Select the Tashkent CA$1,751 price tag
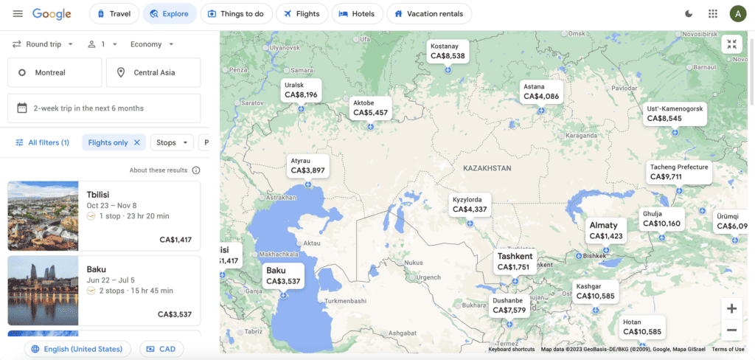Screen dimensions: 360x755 coord(514,262)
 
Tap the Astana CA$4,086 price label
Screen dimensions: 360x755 coord(541,91)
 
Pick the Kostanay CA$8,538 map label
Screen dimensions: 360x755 coord(448,51)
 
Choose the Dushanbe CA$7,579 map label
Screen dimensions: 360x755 coord(509,305)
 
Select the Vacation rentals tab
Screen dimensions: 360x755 coord(429,13)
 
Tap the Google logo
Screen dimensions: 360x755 coord(52,13)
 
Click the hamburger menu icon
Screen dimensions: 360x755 coord(18,13)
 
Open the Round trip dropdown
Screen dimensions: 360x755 coord(43,44)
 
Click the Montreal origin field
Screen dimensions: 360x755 coord(55,72)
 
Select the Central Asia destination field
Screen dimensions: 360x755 coord(153,72)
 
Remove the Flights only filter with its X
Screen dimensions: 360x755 coord(136,142)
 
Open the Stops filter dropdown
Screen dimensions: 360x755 coord(172,142)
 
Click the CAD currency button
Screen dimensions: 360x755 coord(161,349)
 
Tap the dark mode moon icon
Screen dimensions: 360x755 coord(689,13)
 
